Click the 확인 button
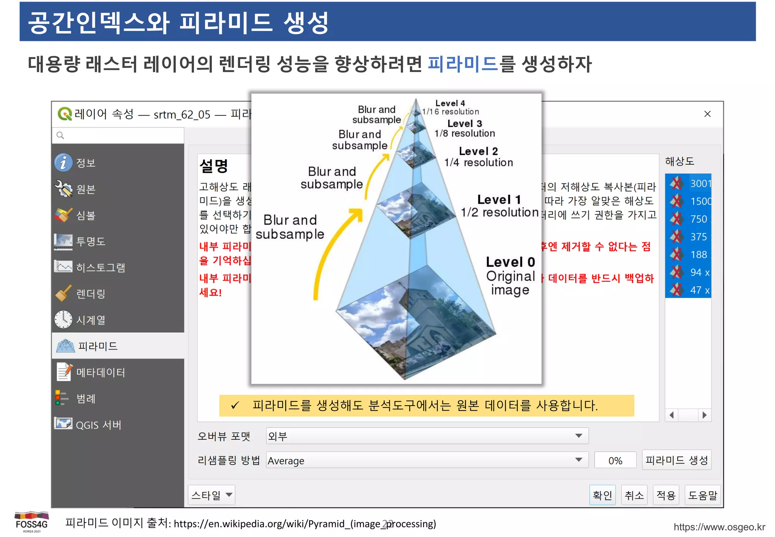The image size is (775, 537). (602, 495)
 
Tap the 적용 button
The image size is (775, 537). (666, 495)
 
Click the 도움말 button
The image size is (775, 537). (702, 495)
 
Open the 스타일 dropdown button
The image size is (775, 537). (212, 495)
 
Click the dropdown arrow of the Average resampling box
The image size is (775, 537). (579, 460)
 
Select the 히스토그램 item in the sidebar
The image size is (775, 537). (100, 267)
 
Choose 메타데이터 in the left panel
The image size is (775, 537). (100, 372)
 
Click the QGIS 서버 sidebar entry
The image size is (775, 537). (98, 425)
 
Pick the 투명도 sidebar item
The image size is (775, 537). (90, 241)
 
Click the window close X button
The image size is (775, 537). (707, 114)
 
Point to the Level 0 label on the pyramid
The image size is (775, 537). (510, 262)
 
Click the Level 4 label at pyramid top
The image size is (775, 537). (450, 103)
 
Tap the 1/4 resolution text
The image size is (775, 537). (478, 163)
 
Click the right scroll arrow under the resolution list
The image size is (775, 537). (704, 415)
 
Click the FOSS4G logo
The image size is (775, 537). (32, 522)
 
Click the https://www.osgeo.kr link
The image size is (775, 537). (719, 527)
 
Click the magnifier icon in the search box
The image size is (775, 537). (60, 135)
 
